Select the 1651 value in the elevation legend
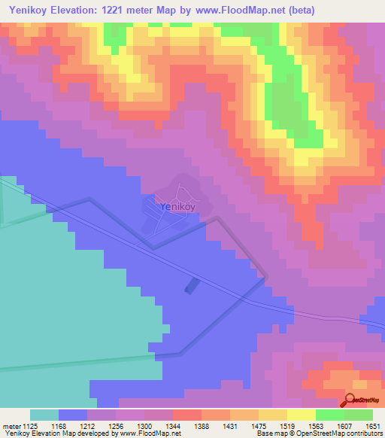[372, 426]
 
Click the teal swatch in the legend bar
[44, 415]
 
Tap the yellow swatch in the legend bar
[301, 415]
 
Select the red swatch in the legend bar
[186, 415]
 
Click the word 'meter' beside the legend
[11, 426]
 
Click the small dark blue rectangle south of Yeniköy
[192, 285]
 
